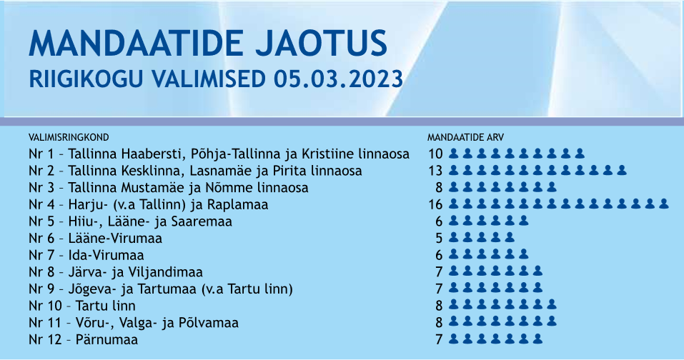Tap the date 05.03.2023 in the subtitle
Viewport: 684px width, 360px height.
pyautogui.click(x=339, y=79)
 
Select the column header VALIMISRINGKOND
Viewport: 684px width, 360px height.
pyautogui.click(x=69, y=137)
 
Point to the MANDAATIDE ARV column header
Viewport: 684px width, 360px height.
pyautogui.click(x=465, y=137)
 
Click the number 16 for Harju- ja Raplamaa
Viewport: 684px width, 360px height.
pyautogui.click(x=435, y=204)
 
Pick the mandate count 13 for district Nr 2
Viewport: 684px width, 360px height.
pyautogui.click(x=435, y=171)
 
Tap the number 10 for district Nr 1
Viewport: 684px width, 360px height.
pyautogui.click(x=435, y=154)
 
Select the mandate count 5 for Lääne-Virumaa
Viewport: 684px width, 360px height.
pyautogui.click(x=439, y=239)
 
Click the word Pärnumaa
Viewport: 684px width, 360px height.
pyautogui.click(x=107, y=339)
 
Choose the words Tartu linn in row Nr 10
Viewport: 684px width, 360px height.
pyautogui.click(x=106, y=306)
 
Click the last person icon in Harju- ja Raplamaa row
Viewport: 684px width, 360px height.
pyautogui.click(x=663, y=204)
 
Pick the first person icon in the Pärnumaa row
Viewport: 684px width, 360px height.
pyautogui.click(x=454, y=339)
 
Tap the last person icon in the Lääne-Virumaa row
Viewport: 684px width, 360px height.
pyautogui.click(x=510, y=238)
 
